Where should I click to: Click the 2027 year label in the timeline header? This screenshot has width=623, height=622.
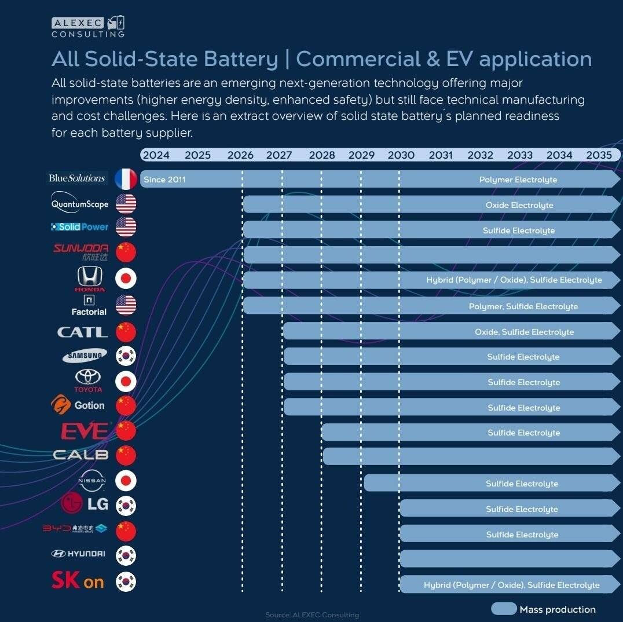coord(279,155)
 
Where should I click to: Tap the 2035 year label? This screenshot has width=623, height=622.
coord(599,155)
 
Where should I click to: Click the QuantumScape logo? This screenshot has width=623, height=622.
coord(80,204)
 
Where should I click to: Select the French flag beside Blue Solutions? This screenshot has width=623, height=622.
coord(126,179)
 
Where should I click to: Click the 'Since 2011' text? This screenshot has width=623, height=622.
coord(164,180)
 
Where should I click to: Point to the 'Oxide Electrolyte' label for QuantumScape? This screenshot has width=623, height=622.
coord(519,205)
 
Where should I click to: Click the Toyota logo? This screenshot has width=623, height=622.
coord(88,380)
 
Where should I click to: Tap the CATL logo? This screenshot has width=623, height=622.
coord(83,332)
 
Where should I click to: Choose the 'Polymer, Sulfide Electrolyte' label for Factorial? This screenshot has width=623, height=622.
coord(523,306)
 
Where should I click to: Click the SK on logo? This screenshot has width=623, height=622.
coord(78,580)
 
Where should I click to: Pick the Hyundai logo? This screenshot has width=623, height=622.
coord(78,554)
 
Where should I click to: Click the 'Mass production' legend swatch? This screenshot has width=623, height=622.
coord(504,609)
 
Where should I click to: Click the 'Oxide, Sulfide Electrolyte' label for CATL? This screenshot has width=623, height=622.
coord(524,332)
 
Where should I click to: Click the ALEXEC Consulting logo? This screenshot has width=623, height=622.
coord(88,27)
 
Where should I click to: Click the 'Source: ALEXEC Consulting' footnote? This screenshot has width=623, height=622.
coord(311,614)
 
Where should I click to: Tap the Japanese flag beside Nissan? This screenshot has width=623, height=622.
coord(126,481)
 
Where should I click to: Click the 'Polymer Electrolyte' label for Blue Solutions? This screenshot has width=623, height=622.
coord(518,180)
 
